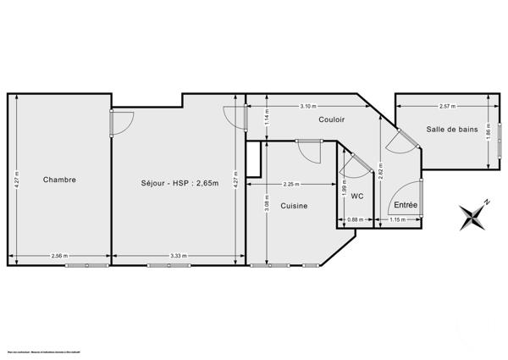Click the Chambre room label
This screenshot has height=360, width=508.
point(59,179)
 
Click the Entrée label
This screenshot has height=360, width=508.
point(406,206)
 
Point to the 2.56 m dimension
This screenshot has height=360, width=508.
point(59,256)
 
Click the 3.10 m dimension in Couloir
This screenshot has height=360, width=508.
point(308,106)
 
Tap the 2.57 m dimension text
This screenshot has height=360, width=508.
point(447,106)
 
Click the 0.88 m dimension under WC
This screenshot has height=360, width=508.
point(356,220)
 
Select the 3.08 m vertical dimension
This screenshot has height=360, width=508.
point(266,203)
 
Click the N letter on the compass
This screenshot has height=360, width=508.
point(487,202)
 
